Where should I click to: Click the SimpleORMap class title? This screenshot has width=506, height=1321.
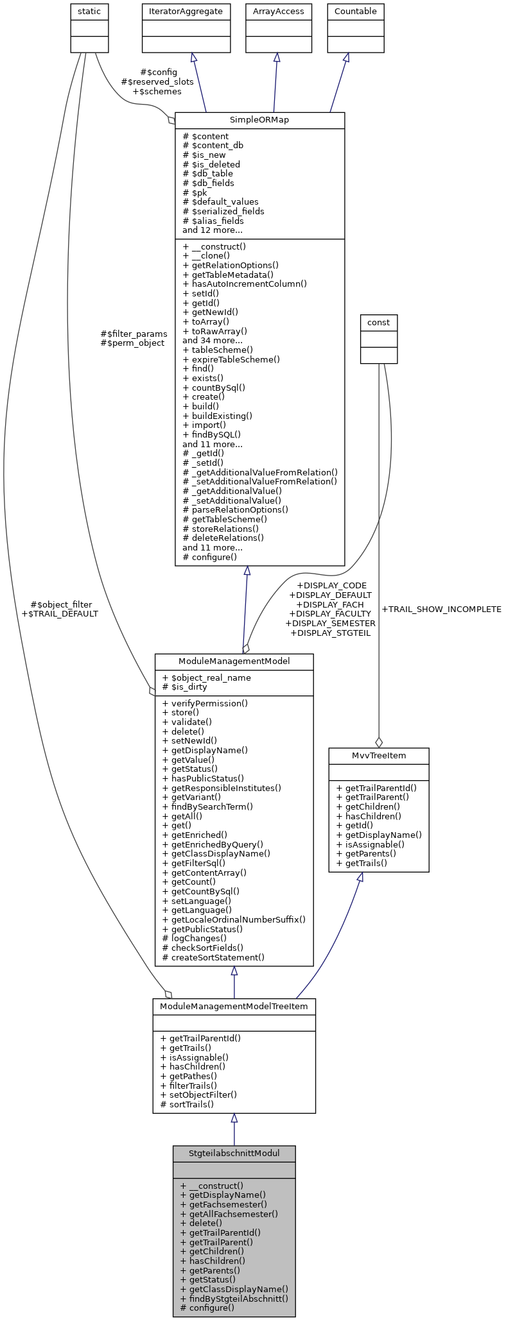pos(259,120)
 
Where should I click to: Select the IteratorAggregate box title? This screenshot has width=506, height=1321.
pos(186,11)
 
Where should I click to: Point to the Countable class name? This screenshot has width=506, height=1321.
pos(356,11)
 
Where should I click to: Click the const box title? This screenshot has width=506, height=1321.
pos(379,322)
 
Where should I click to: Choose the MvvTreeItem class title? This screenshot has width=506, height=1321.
pos(378,755)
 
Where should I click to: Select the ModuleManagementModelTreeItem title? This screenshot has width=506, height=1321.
pos(234,1005)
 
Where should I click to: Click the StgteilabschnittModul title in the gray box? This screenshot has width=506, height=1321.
pos(234,1153)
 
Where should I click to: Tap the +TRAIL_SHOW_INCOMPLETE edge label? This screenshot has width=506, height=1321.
pos(441,609)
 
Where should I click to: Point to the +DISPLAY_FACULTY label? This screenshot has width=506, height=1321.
pos(330,614)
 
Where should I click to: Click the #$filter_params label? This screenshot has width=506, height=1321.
pos(134,334)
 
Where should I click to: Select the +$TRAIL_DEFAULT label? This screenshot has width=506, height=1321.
pos(60,613)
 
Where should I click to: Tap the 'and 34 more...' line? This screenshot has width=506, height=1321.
pos(212,341)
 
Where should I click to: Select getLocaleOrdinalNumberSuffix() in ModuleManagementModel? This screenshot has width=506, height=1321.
pos(234,919)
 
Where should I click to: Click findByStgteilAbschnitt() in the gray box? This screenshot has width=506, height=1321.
pos(234,1298)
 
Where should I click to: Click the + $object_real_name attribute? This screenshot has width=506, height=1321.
pos(206,678)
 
